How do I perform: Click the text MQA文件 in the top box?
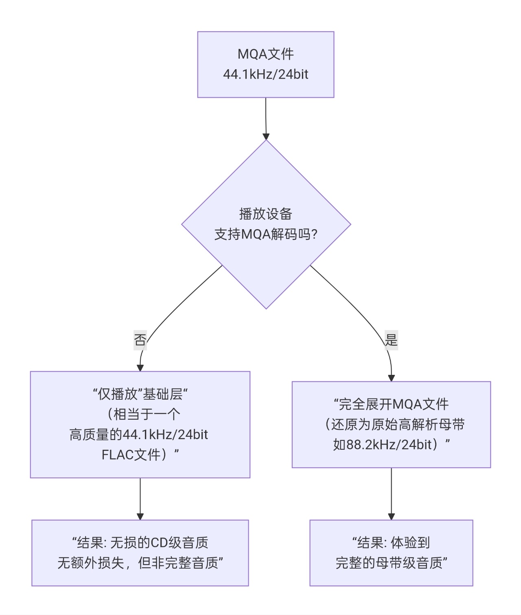coord(265,54)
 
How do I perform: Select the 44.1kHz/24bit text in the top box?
coord(265,74)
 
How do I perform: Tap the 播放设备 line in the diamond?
coord(265,214)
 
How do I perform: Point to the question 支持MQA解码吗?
coord(265,234)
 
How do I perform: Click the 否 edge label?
coord(140,339)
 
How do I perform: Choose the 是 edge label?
coord(391,339)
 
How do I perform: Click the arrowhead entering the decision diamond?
coord(266,136)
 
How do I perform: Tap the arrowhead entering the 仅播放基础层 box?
coord(140,368)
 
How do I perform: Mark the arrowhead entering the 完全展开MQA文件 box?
coord(391,378)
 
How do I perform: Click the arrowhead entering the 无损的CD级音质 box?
coord(140,516)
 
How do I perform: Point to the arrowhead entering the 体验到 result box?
coord(391,516)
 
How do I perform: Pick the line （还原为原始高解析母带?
coord(394,425)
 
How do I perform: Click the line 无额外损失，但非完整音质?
coord(140,563)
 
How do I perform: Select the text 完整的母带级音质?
coord(389,563)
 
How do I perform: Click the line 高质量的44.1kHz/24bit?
coord(139,435)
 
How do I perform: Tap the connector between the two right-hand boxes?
coord(391,492)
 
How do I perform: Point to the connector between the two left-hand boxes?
coord(140,497)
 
